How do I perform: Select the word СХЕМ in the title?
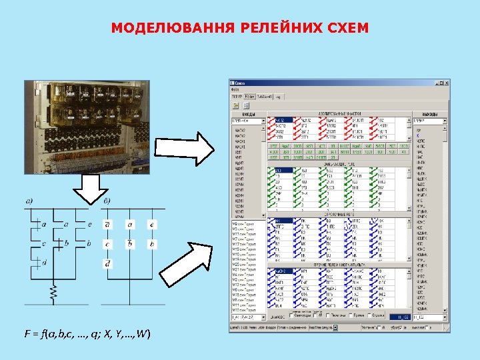(345, 29)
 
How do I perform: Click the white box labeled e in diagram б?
(152, 225)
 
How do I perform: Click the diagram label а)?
(31, 201)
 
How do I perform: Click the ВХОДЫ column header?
(247, 114)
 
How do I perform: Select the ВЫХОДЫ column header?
(427, 114)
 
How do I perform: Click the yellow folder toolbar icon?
(235, 105)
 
